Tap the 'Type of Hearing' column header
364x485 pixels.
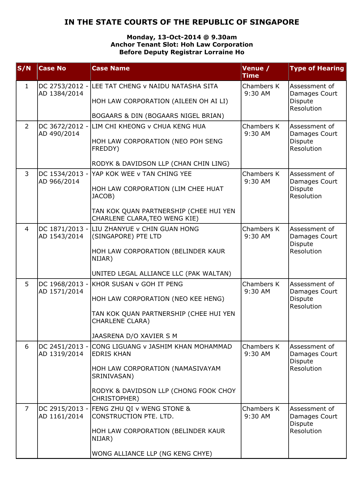click(x=317, y=68)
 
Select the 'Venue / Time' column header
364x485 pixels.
click(x=256, y=72)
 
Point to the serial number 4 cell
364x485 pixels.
click(x=27, y=229)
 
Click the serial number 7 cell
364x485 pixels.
click(x=27, y=409)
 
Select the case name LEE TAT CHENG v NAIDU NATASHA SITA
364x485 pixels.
click(x=155, y=86)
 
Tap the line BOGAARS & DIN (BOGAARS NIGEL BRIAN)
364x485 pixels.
click(x=158, y=116)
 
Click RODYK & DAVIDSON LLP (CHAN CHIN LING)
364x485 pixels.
click(x=161, y=164)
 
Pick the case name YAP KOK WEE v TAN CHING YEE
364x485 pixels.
click(x=142, y=174)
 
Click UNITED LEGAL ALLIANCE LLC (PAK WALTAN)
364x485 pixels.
click(x=162, y=274)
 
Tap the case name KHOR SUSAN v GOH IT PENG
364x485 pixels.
click(x=137, y=284)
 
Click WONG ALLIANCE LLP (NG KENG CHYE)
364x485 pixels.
click(x=152, y=454)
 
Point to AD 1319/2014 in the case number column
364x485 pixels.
click(x=61, y=354)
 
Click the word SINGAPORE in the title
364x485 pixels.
click(x=275, y=22)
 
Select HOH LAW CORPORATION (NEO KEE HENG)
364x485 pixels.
click(x=158, y=299)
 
